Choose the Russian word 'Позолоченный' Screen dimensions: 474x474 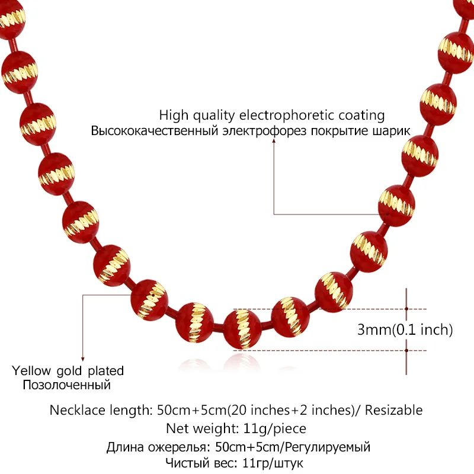67,386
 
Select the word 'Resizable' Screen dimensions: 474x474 396,409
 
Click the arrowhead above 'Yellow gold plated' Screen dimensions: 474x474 83,357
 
